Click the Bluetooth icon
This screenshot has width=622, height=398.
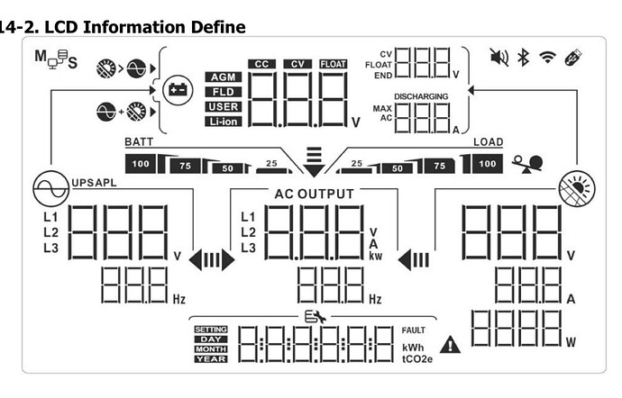[x=522, y=59]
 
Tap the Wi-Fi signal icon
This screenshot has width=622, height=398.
[x=546, y=59]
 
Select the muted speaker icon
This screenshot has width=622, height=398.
[x=499, y=59]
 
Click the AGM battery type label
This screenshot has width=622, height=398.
[x=223, y=77]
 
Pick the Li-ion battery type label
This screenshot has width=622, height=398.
[x=223, y=121]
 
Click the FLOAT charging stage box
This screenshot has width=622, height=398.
[x=333, y=63]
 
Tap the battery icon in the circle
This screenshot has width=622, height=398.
[x=176, y=89]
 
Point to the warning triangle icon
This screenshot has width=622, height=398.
[x=449, y=344]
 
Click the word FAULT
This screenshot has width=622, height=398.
[x=413, y=330]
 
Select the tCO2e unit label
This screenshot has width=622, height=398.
[x=416, y=358]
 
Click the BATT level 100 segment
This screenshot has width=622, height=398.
[x=141, y=164]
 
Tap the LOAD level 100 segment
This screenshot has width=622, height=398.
[x=487, y=164]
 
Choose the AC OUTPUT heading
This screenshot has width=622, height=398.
[x=314, y=194]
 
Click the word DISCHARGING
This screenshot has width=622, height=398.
[x=419, y=95]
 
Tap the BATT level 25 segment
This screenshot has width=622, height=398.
[x=270, y=164]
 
